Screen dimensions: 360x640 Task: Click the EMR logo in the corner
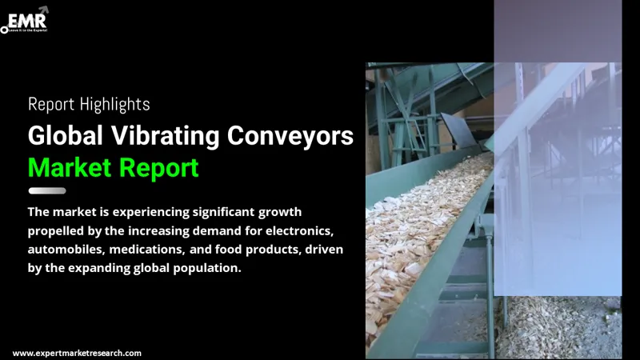point(26,18)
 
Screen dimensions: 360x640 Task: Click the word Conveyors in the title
point(290,137)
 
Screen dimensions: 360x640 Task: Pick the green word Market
point(71,169)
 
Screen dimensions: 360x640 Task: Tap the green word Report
point(160,169)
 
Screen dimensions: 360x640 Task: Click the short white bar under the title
point(47,191)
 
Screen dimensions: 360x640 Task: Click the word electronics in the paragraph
point(301,231)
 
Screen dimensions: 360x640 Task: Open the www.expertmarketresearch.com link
point(77,353)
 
